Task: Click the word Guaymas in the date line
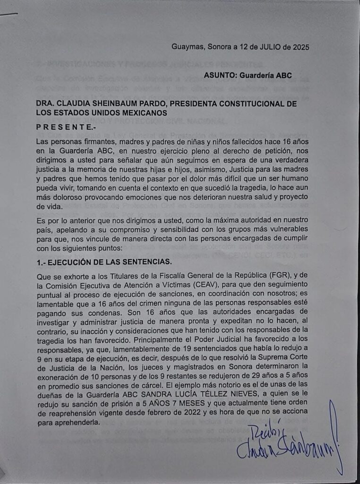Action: [x=187, y=47]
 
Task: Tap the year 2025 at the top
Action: [x=299, y=47]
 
